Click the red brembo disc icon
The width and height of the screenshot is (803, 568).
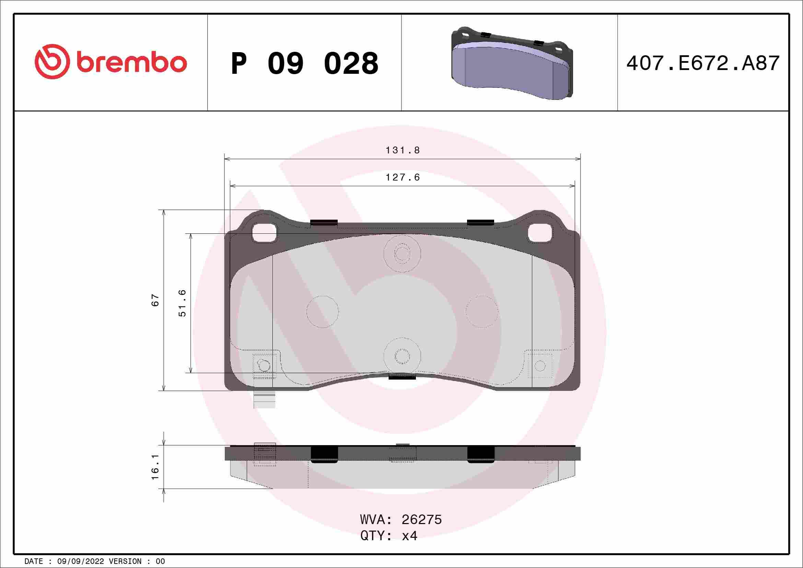pos(50,61)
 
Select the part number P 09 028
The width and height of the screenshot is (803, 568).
pos(304,63)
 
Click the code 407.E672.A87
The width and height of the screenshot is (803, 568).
pos(703,63)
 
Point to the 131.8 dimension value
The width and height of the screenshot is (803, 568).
pos(402,150)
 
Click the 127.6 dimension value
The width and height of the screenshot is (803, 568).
pos(402,178)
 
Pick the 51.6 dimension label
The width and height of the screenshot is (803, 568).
pos(183,303)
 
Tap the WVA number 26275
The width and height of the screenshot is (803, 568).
pos(421,520)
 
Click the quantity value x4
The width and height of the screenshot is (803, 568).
pos(409,536)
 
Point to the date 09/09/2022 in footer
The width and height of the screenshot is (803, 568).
pos(80,561)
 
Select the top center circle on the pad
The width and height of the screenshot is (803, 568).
pos(402,254)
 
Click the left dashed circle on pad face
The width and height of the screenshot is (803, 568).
pos(323,312)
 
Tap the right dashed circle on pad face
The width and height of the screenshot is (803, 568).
pos(481,312)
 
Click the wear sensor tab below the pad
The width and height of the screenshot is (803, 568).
pos(264,400)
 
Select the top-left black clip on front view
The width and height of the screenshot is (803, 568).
pos(324,222)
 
